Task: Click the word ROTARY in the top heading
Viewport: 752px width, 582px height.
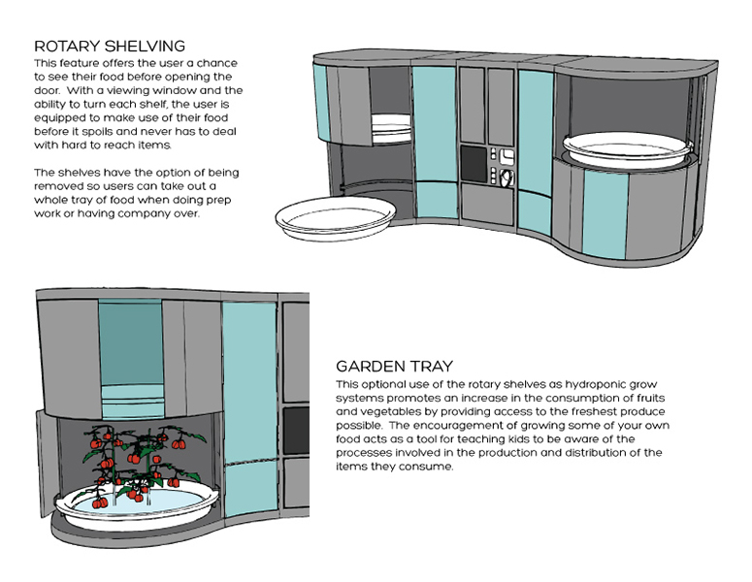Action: pos(67,46)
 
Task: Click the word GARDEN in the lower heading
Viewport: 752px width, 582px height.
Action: pos(371,367)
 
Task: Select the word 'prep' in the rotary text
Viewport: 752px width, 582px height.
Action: pos(219,200)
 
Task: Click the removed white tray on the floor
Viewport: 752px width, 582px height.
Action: pos(336,218)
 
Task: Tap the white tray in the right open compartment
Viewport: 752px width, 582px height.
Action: pos(627,149)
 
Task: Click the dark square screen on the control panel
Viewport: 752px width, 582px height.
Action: pos(474,164)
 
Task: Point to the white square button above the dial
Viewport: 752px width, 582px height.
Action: pos(507,156)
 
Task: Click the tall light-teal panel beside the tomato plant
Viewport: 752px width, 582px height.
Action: pos(250,407)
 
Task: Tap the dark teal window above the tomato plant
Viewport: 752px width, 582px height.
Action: pos(130,342)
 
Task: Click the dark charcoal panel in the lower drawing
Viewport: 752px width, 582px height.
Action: pos(296,432)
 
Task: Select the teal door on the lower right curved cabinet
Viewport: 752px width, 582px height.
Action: pos(605,214)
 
